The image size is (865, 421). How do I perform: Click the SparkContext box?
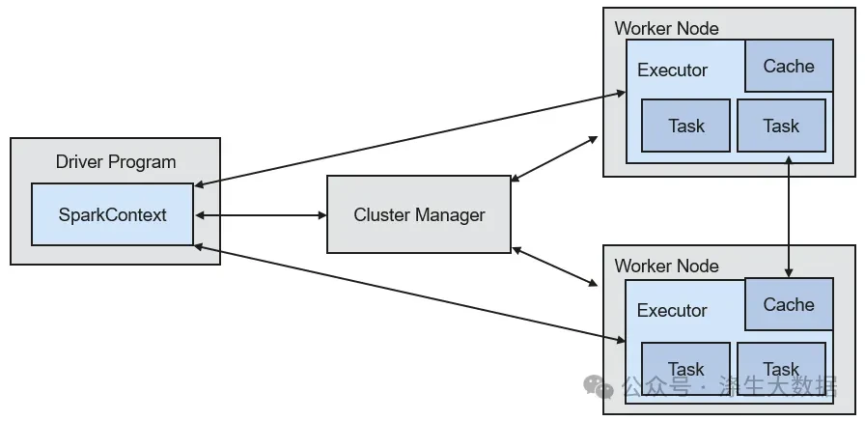[x=113, y=214]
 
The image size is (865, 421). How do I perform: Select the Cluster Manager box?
[x=419, y=214]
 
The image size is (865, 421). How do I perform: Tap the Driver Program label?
[x=116, y=162]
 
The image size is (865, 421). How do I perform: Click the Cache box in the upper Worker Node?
[x=789, y=66]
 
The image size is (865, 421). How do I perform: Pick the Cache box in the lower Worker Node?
[x=789, y=304]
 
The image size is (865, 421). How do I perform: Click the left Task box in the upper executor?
[x=685, y=126]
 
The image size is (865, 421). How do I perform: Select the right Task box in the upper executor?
[x=782, y=126]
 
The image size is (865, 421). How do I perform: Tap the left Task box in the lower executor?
[x=685, y=369]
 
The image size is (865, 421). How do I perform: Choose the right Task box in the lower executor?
[x=782, y=369]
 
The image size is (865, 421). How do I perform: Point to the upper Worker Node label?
[x=666, y=28]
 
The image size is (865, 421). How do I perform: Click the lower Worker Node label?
[x=666, y=266]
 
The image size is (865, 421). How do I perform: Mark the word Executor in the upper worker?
[x=673, y=70]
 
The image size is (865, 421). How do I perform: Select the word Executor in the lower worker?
[x=672, y=310]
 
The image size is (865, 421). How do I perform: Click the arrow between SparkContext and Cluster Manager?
[x=261, y=215]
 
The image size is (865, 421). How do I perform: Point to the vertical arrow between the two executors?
[x=789, y=216]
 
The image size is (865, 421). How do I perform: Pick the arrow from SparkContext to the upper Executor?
[x=410, y=140]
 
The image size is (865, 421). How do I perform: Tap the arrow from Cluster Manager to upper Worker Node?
[x=554, y=159]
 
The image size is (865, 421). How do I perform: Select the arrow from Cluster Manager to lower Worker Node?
[x=555, y=267]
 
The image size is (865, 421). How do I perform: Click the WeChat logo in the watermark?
[x=599, y=386]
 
